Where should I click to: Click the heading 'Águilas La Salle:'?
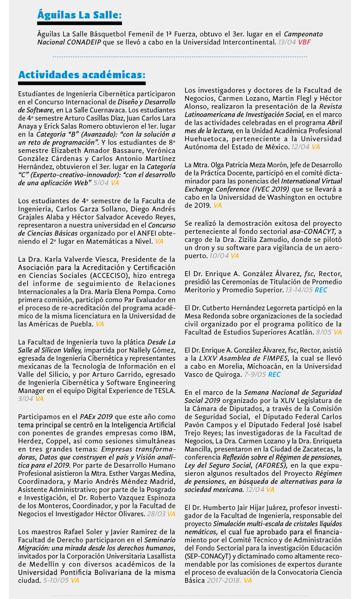[x=79, y=15]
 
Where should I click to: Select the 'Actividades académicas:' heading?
[x=81, y=74]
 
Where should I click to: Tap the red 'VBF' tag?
[x=304, y=42]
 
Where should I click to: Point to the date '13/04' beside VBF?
[x=287, y=42]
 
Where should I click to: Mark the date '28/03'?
[x=156, y=514]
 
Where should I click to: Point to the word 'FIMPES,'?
[x=274, y=358]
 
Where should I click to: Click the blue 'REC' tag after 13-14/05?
[x=321, y=290]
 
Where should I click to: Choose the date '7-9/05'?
[x=255, y=374]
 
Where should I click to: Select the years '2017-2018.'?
[x=223, y=581]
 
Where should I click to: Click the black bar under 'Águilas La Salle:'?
[x=79, y=23]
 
